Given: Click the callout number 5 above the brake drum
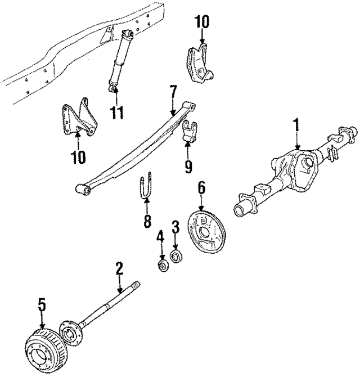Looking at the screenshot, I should point(42,306).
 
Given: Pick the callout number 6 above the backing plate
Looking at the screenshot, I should point(201,187).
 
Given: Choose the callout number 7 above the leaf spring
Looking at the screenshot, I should point(173,90).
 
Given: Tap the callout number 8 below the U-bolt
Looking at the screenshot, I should point(147,221).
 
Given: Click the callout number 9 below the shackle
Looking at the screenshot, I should point(188,167).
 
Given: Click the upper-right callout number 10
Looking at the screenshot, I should point(201,22).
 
